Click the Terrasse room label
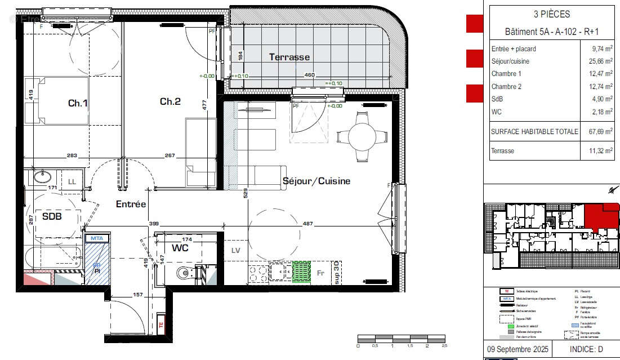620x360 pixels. tap(289, 57)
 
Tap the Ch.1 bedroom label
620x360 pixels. tap(78, 103)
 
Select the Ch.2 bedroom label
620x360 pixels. tap(170, 101)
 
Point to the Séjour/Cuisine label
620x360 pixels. tap(316, 181)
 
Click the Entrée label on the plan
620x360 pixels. tap(131, 204)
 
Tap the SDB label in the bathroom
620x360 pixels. tap(51, 216)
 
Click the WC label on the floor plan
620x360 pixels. tap(180, 248)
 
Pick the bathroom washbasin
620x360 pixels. tap(42, 176)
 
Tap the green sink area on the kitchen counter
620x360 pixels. tap(301, 271)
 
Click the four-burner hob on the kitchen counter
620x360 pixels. tap(258, 272)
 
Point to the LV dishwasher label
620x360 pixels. tap(235, 250)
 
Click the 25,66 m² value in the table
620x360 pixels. tap(599, 61)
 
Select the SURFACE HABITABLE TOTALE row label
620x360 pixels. tap(534, 132)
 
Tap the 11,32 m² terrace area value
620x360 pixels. tap(599, 151)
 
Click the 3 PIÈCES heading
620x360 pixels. tap(551, 15)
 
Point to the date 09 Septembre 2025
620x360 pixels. tap(517, 349)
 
